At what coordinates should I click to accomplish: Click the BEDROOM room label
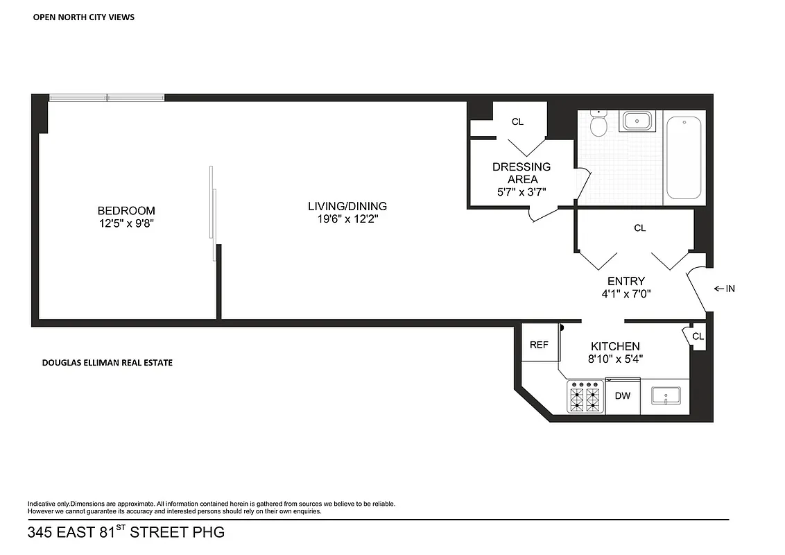click(126, 211)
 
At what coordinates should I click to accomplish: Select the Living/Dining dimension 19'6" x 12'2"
click(347, 219)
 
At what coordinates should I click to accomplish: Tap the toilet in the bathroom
click(598, 125)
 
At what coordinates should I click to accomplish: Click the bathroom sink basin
click(637, 121)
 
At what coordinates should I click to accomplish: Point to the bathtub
click(684, 157)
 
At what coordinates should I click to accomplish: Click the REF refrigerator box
click(539, 344)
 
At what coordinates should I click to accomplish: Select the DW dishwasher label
click(623, 395)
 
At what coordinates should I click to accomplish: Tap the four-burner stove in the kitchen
click(585, 398)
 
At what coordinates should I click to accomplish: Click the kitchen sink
click(665, 396)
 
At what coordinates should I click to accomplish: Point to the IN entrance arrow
click(724, 289)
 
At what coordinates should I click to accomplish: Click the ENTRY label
click(626, 281)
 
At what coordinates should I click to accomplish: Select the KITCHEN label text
click(615, 346)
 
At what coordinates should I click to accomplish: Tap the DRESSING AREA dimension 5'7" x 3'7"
click(521, 192)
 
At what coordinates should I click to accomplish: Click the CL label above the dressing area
click(517, 121)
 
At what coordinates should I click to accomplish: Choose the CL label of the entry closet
click(640, 228)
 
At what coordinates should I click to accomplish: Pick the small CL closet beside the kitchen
click(698, 336)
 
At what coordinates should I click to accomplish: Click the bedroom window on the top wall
click(107, 98)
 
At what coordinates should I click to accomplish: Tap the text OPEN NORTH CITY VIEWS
click(84, 17)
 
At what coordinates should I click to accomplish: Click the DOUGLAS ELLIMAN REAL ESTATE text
click(107, 362)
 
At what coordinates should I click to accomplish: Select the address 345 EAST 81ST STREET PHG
click(126, 533)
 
